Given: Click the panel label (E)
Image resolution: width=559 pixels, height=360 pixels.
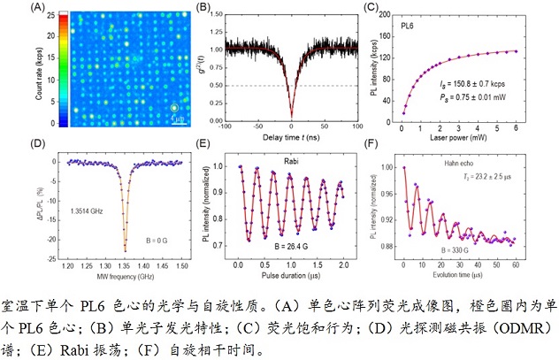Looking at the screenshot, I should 203,144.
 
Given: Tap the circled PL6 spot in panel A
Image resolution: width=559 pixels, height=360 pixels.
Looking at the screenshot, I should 174,107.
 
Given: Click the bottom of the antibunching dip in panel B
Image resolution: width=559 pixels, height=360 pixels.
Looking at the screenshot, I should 290,116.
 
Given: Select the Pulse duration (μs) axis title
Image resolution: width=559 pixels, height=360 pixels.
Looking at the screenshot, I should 290,274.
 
